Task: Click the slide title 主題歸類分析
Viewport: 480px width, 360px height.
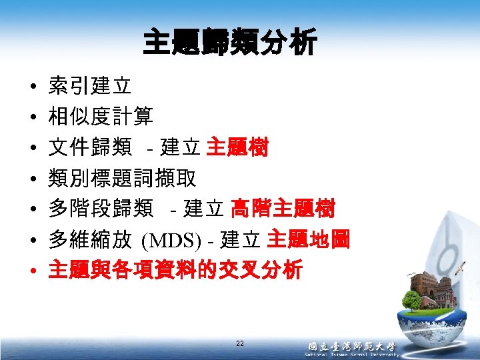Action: tap(230, 45)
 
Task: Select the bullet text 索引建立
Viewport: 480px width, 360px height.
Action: tap(90, 86)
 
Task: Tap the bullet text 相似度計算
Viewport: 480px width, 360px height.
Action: tap(101, 117)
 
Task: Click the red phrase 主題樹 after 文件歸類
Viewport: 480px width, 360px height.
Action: tap(237, 147)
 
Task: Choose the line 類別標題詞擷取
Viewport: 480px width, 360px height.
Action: tap(122, 178)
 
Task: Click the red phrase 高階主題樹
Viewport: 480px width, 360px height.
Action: tap(283, 209)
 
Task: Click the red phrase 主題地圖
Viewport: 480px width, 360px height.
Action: tap(308, 239)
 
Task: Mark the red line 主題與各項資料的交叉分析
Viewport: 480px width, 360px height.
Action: tap(175, 270)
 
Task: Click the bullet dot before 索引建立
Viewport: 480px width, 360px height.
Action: tap(32, 87)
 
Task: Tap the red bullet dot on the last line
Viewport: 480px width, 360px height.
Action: tap(32, 271)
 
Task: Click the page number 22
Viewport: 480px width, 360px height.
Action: tap(240, 343)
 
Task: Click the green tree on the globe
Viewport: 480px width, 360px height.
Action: tap(413, 300)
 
